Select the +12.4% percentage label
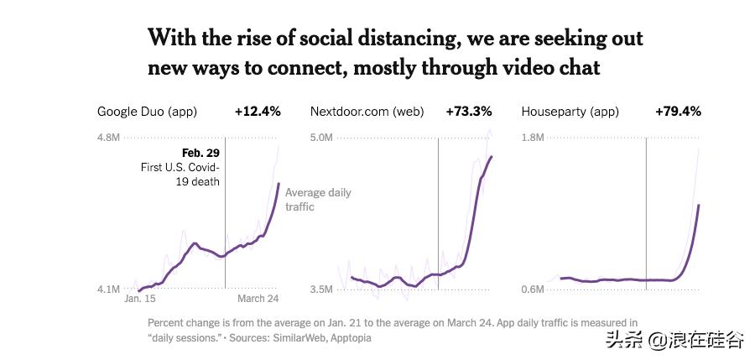click(x=258, y=112)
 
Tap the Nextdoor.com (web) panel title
click(x=367, y=112)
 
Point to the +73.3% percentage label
click(x=469, y=112)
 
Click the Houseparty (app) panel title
click(x=570, y=112)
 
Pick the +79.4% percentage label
click(x=678, y=112)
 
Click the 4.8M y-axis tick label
click(x=108, y=138)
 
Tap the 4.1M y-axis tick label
click(x=108, y=290)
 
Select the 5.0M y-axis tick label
click(x=322, y=138)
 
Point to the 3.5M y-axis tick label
click(x=322, y=290)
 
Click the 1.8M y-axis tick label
click(x=533, y=138)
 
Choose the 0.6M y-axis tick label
click(x=533, y=290)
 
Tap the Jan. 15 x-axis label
click(x=140, y=299)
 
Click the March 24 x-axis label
click(x=258, y=299)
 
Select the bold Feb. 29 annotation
click(x=200, y=153)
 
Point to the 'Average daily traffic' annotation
click(x=317, y=200)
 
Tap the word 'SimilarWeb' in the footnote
click(x=299, y=338)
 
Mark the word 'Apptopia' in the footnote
click(x=351, y=338)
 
